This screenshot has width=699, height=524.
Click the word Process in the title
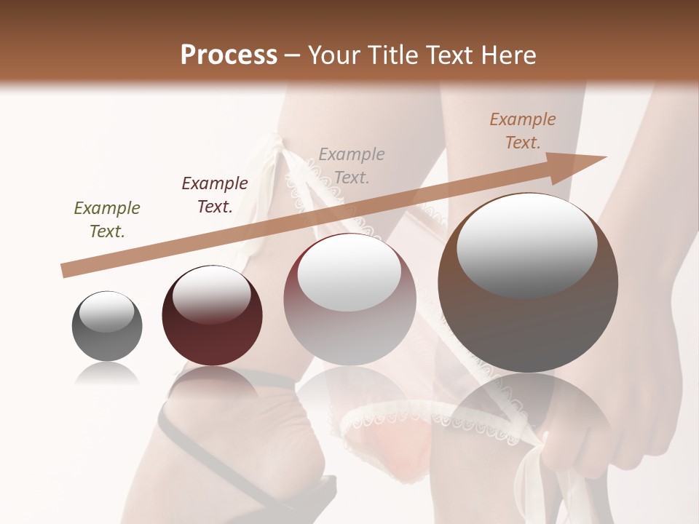229,55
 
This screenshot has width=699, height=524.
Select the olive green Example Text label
107,220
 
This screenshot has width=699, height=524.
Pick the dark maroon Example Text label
215,195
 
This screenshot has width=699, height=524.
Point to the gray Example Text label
352,166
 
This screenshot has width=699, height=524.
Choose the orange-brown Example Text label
523,131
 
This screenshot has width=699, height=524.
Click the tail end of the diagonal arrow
64,271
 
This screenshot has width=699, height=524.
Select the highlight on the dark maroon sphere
212,294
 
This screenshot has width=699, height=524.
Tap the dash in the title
292,55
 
